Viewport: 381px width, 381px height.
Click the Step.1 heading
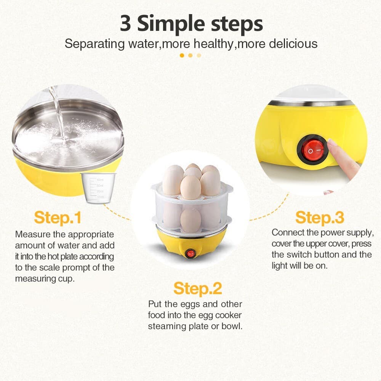point(58,218)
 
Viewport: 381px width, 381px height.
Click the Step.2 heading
point(197,288)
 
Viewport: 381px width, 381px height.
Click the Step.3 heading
point(320,218)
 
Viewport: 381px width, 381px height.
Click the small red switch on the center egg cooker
point(189,254)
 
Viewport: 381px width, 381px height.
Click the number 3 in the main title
point(125,24)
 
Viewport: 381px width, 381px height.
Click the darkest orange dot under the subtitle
point(182,55)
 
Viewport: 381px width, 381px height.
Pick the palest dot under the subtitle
point(199,55)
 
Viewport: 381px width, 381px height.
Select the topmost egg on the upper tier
point(193,168)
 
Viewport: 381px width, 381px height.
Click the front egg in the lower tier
point(190,220)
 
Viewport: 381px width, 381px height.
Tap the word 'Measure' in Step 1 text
point(32,234)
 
